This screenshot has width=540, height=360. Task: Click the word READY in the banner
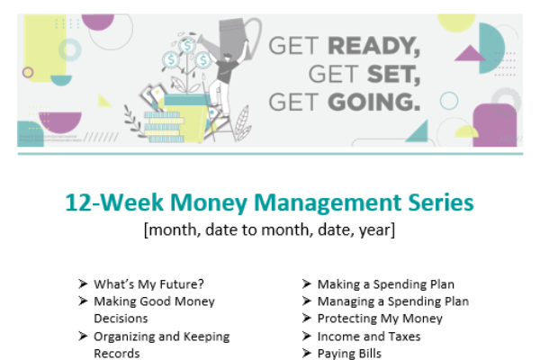click(x=374, y=46)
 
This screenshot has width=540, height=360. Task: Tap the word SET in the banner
click(x=393, y=75)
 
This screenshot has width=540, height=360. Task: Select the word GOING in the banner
click(x=374, y=103)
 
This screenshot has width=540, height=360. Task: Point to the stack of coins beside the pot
click(x=165, y=126)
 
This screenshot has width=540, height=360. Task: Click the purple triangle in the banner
click(x=470, y=53)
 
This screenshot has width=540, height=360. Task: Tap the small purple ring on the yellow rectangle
click(x=28, y=72)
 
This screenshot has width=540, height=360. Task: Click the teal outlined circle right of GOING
click(x=449, y=101)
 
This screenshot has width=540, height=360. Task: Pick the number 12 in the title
click(x=78, y=202)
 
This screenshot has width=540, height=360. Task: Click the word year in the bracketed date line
click(x=377, y=230)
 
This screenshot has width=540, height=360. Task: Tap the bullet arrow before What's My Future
click(x=83, y=283)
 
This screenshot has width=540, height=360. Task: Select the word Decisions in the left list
click(x=121, y=319)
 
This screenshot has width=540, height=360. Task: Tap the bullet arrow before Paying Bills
click(x=307, y=353)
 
